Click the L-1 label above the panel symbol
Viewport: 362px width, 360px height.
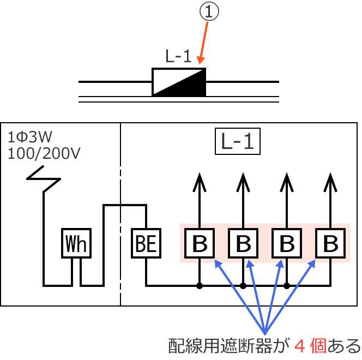coord(178,57)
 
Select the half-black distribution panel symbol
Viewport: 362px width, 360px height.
coord(179,82)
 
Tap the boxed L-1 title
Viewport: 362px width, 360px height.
coord(238,142)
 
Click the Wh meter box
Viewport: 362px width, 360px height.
coord(76,243)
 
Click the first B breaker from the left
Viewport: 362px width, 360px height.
coord(200,243)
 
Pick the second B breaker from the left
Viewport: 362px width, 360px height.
coord(243,243)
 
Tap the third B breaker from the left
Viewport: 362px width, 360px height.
coord(287,243)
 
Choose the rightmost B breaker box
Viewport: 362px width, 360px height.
coord(330,243)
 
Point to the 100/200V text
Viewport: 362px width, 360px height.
coord(44,153)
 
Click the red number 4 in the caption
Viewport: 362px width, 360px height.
coord(300,346)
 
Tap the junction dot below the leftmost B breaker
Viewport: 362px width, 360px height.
coord(200,285)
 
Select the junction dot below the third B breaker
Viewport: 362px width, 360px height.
coord(287,285)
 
